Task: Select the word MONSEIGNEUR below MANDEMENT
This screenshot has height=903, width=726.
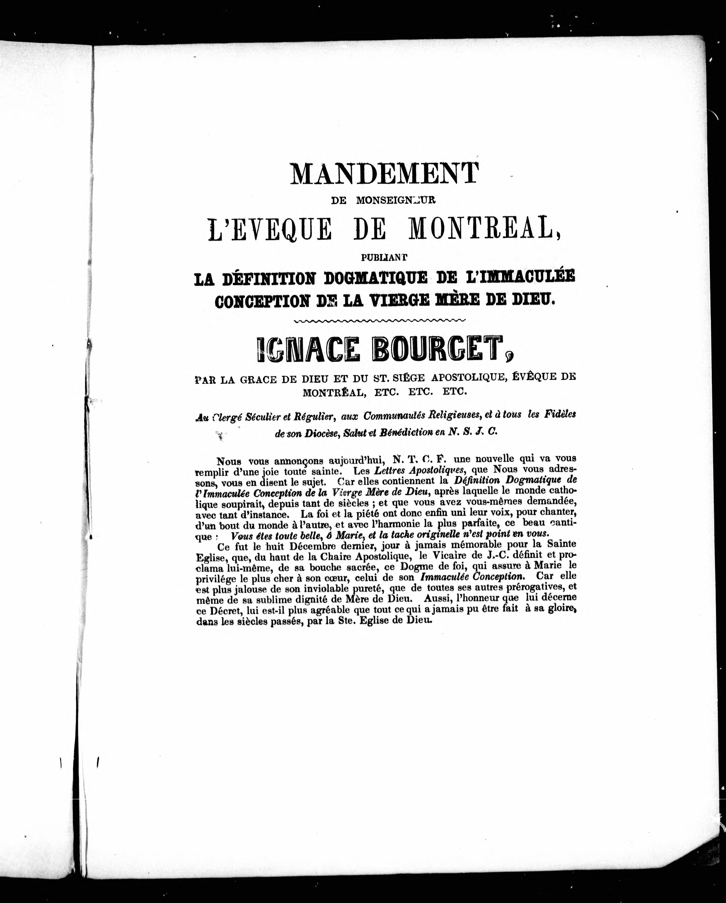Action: pos(396,200)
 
